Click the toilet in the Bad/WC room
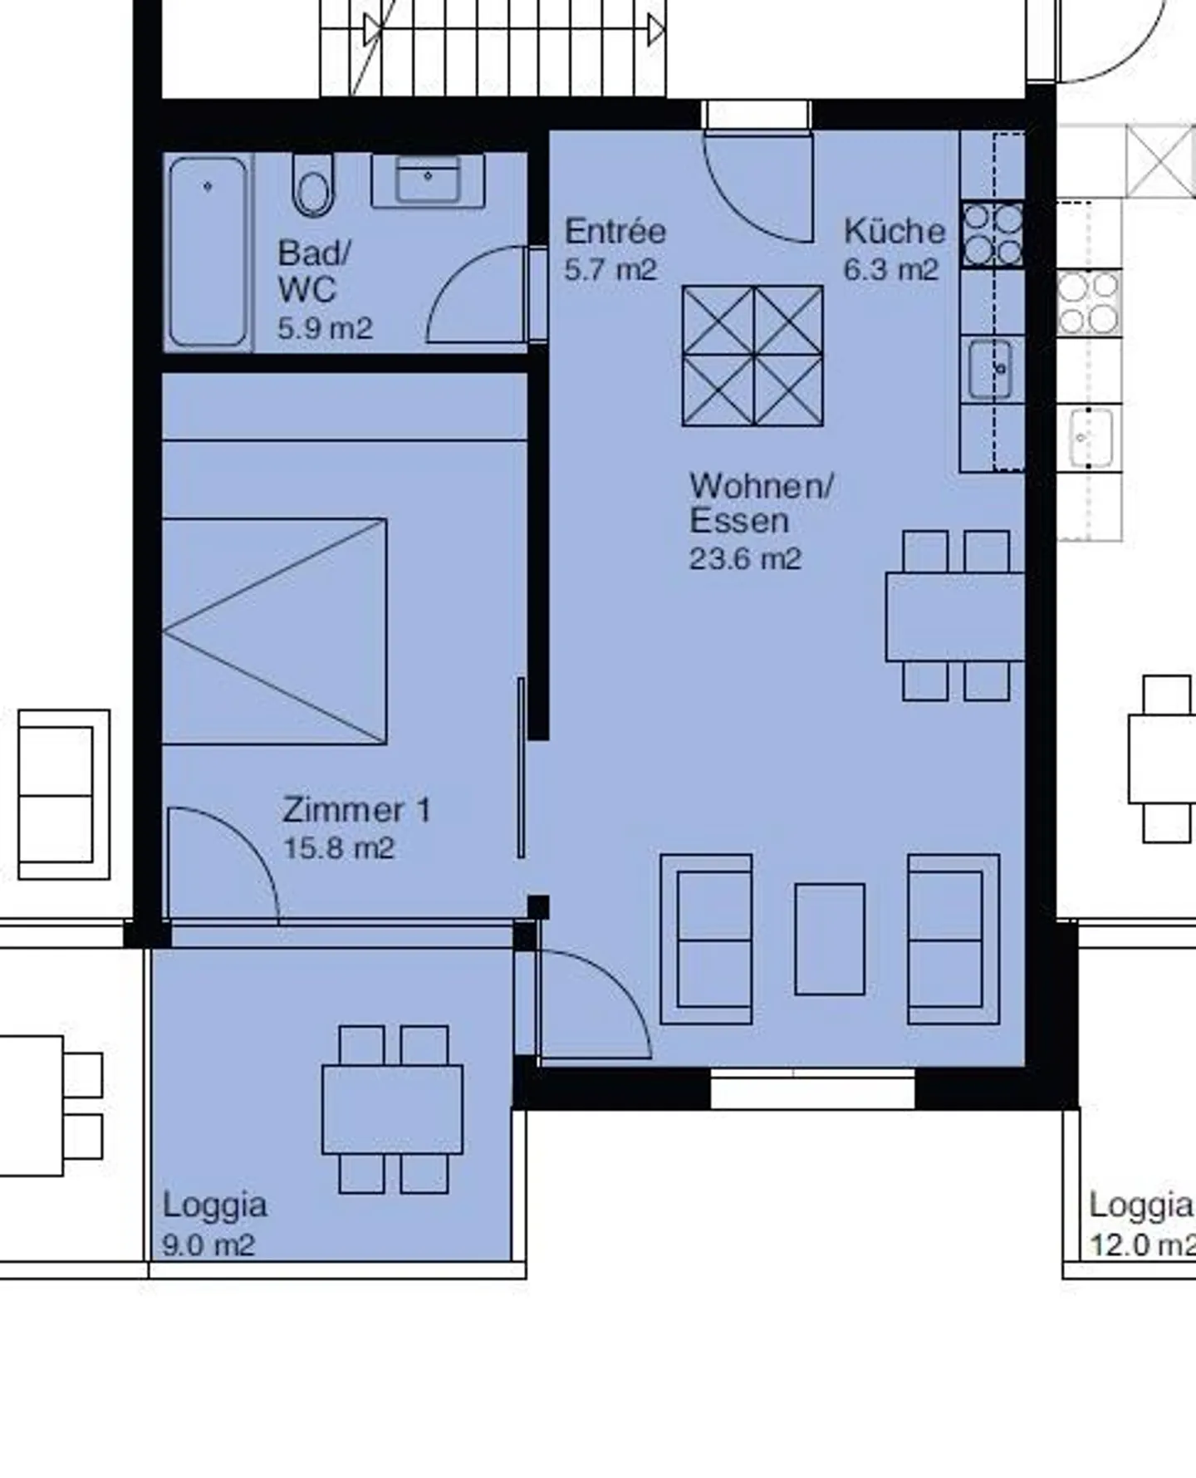(x=313, y=185)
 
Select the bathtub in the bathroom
(x=208, y=252)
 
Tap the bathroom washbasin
(x=428, y=179)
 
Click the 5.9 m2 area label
(x=325, y=328)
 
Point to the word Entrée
(x=615, y=231)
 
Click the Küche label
(x=895, y=231)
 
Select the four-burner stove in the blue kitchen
(x=993, y=234)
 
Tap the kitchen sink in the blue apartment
(x=991, y=369)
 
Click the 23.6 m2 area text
(x=745, y=558)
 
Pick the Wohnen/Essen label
(x=761, y=503)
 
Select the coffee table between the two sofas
(x=830, y=939)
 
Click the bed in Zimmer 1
(x=275, y=631)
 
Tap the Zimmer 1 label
(x=356, y=810)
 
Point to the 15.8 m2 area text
(x=338, y=848)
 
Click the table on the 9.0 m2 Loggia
(x=393, y=1109)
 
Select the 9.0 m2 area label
(x=208, y=1245)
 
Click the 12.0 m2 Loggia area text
(x=1143, y=1245)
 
